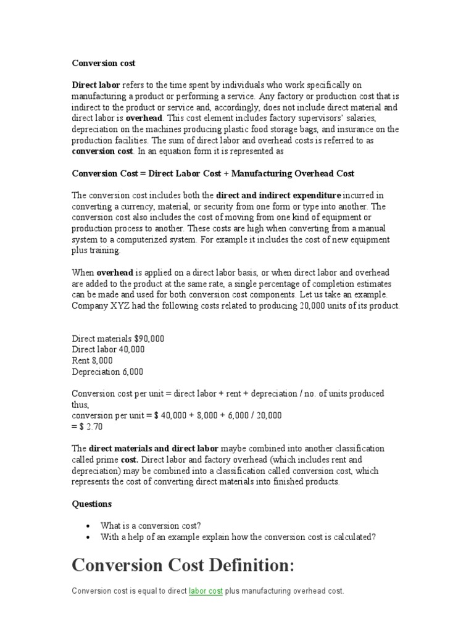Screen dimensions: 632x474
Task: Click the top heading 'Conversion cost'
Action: (104, 63)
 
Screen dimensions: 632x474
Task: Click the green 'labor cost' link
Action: (206, 591)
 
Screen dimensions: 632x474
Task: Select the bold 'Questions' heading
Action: (92, 504)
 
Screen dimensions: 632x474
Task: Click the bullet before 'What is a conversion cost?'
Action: (89, 526)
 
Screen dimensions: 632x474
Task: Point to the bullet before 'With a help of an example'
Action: (89, 537)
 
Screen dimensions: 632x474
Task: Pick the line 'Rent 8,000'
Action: (92, 360)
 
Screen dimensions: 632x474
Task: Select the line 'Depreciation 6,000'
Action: (107, 372)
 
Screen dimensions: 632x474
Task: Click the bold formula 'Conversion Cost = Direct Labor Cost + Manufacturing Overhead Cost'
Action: (213, 173)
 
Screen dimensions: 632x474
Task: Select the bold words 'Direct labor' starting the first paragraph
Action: (96, 85)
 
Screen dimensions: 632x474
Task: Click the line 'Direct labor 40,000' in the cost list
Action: (108, 349)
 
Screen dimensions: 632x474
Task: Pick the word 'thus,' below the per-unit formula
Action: (81, 405)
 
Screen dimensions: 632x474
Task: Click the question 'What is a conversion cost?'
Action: (151, 526)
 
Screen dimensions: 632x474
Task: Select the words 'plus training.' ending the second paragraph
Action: (97, 251)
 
